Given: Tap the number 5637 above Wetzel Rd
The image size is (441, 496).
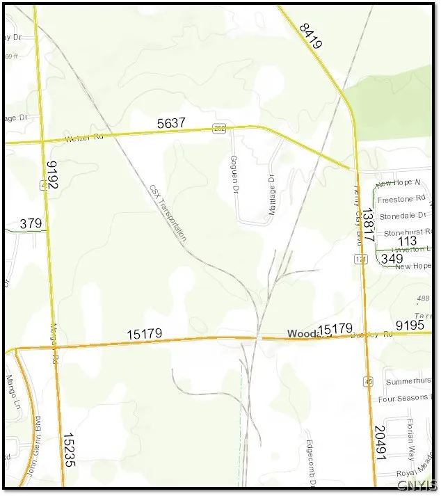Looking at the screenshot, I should [171, 123].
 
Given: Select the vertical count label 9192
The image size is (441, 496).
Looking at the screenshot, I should [52, 176].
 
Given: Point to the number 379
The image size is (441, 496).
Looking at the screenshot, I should [31, 223].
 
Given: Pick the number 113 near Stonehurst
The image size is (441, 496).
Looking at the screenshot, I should [407, 241].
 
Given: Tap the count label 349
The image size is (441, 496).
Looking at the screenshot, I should [392, 259].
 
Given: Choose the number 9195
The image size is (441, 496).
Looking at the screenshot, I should [410, 325].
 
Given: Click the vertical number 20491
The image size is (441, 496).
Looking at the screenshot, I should [379, 444].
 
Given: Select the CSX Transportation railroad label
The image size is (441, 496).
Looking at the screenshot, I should [168, 213].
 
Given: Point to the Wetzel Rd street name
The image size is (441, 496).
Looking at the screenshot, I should [83, 137].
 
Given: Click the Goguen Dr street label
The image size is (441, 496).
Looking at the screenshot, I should [234, 174].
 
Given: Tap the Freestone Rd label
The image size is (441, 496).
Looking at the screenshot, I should [399, 200].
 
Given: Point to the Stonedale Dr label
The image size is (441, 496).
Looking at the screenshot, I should [401, 216].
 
